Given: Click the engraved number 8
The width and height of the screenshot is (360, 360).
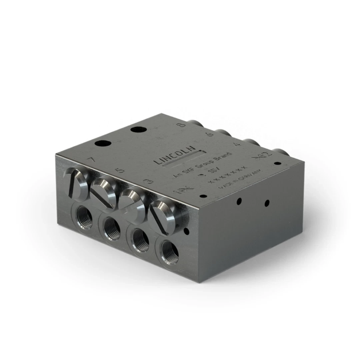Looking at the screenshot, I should pos(182,126).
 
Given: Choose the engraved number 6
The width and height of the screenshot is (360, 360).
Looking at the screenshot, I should pos(210,135).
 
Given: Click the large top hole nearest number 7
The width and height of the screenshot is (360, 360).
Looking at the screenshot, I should pos(103,144).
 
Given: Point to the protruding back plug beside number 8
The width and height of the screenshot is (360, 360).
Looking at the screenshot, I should pos(195,124).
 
